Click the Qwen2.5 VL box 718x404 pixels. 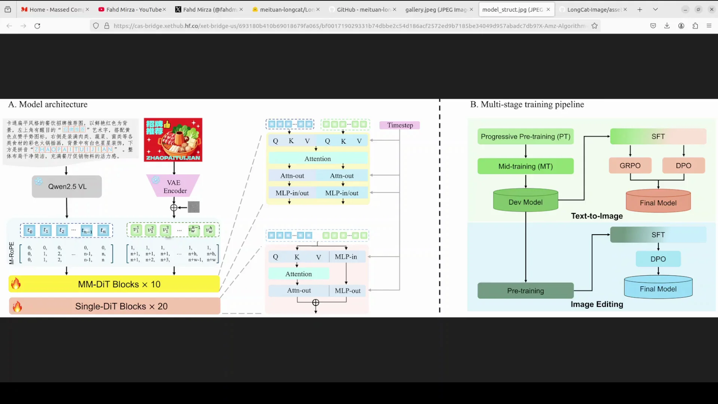tap(67, 186)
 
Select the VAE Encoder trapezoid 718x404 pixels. tap(174, 186)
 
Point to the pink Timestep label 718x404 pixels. tap(400, 125)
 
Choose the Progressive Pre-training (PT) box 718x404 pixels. tap(525, 137)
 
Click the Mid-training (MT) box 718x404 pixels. tap(525, 166)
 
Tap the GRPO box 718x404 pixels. tap(630, 166)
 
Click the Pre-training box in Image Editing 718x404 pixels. tap(525, 291)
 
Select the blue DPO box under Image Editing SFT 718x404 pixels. tap(658, 259)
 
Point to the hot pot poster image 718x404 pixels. tap(173, 140)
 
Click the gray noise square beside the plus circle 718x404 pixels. tap(194, 207)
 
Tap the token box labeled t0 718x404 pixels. tap(30, 230)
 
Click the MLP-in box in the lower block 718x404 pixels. tap(346, 257)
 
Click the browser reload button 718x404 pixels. tap(37, 26)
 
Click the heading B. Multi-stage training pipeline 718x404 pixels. tap(527, 104)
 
